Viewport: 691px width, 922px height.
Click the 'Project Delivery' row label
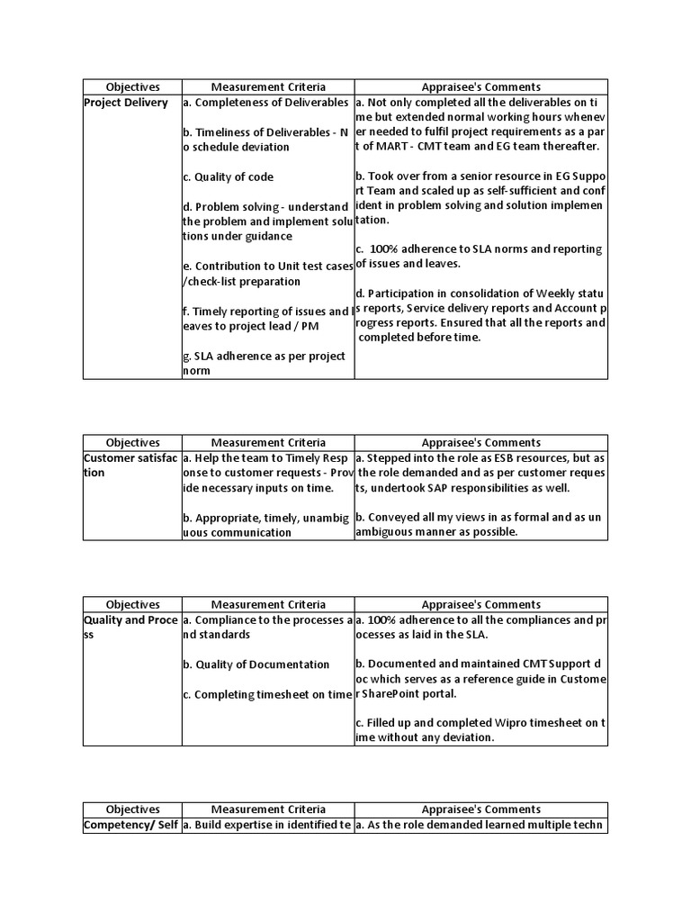[x=126, y=103]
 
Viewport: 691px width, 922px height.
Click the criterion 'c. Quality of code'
[x=228, y=177]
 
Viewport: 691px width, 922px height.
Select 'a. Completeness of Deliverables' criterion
[x=265, y=103]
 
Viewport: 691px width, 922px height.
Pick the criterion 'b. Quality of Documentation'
[x=256, y=664]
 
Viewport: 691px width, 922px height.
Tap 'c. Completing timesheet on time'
[x=265, y=694]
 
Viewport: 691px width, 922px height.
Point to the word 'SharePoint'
[x=398, y=694]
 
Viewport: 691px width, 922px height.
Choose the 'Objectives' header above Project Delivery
[x=132, y=87]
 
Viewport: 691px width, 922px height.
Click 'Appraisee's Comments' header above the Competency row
[x=481, y=809]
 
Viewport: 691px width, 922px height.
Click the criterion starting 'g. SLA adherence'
[x=264, y=363]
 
